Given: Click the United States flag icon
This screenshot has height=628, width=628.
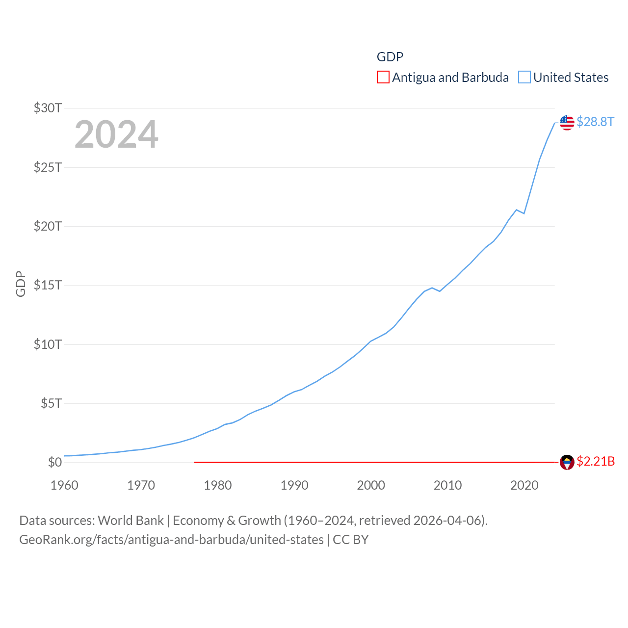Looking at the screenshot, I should [x=567, y=123].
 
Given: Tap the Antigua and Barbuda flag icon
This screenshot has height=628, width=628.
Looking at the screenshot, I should [x=567, y=462].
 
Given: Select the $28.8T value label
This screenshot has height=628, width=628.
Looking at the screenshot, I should [x=595, y=122].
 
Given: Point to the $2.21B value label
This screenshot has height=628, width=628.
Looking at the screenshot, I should [x=596, y=462].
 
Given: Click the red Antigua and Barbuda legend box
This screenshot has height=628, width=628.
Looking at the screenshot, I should [x=383, y=78].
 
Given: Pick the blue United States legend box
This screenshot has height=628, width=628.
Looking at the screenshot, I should [x=524, y=78].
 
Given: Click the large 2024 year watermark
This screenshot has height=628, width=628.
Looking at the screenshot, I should [x=116, y=134].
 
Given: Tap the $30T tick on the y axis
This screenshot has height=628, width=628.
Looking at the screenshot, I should [x=48, y=108].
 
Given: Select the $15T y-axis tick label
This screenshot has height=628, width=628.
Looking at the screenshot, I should [x=48, y=285].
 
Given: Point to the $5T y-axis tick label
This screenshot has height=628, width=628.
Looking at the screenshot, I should [x=51, y=403].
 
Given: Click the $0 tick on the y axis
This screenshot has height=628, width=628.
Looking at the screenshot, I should [x=55, y=462].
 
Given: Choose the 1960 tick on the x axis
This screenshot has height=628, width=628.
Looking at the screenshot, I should [x=64, y=486].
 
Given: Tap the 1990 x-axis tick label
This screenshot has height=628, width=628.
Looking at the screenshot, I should [x=294, y=486].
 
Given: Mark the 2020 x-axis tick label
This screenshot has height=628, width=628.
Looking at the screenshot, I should [x=524, y=486].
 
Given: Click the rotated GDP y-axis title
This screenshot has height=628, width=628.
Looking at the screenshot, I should [x=21, y=284].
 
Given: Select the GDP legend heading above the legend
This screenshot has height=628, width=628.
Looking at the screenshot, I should [x=390, y=57].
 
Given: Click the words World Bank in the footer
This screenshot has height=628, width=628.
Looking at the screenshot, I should [x=131, y=521].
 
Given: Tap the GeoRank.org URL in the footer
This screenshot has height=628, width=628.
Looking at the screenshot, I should [x=171, y=540].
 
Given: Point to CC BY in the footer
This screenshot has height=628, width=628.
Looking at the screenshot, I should [x=350, y=540].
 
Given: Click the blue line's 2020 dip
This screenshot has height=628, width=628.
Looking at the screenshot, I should [x=524, y=213].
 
